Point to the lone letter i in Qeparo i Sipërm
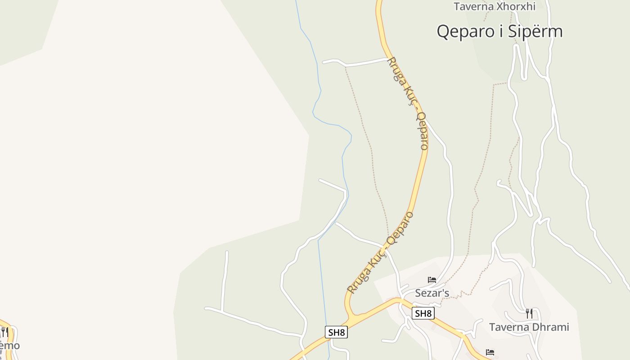pos(498,31)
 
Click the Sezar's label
pos(432,293)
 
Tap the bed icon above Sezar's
pos(432,280)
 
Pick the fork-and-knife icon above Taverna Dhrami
pos(529,313)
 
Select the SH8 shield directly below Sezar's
pos(423,313)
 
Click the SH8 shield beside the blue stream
pos(336,333)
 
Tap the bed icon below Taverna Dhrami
pos(490,352)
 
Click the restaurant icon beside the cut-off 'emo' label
pos(4,333)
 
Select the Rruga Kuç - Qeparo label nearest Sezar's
pos(380,253)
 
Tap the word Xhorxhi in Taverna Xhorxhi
pos(517,6)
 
